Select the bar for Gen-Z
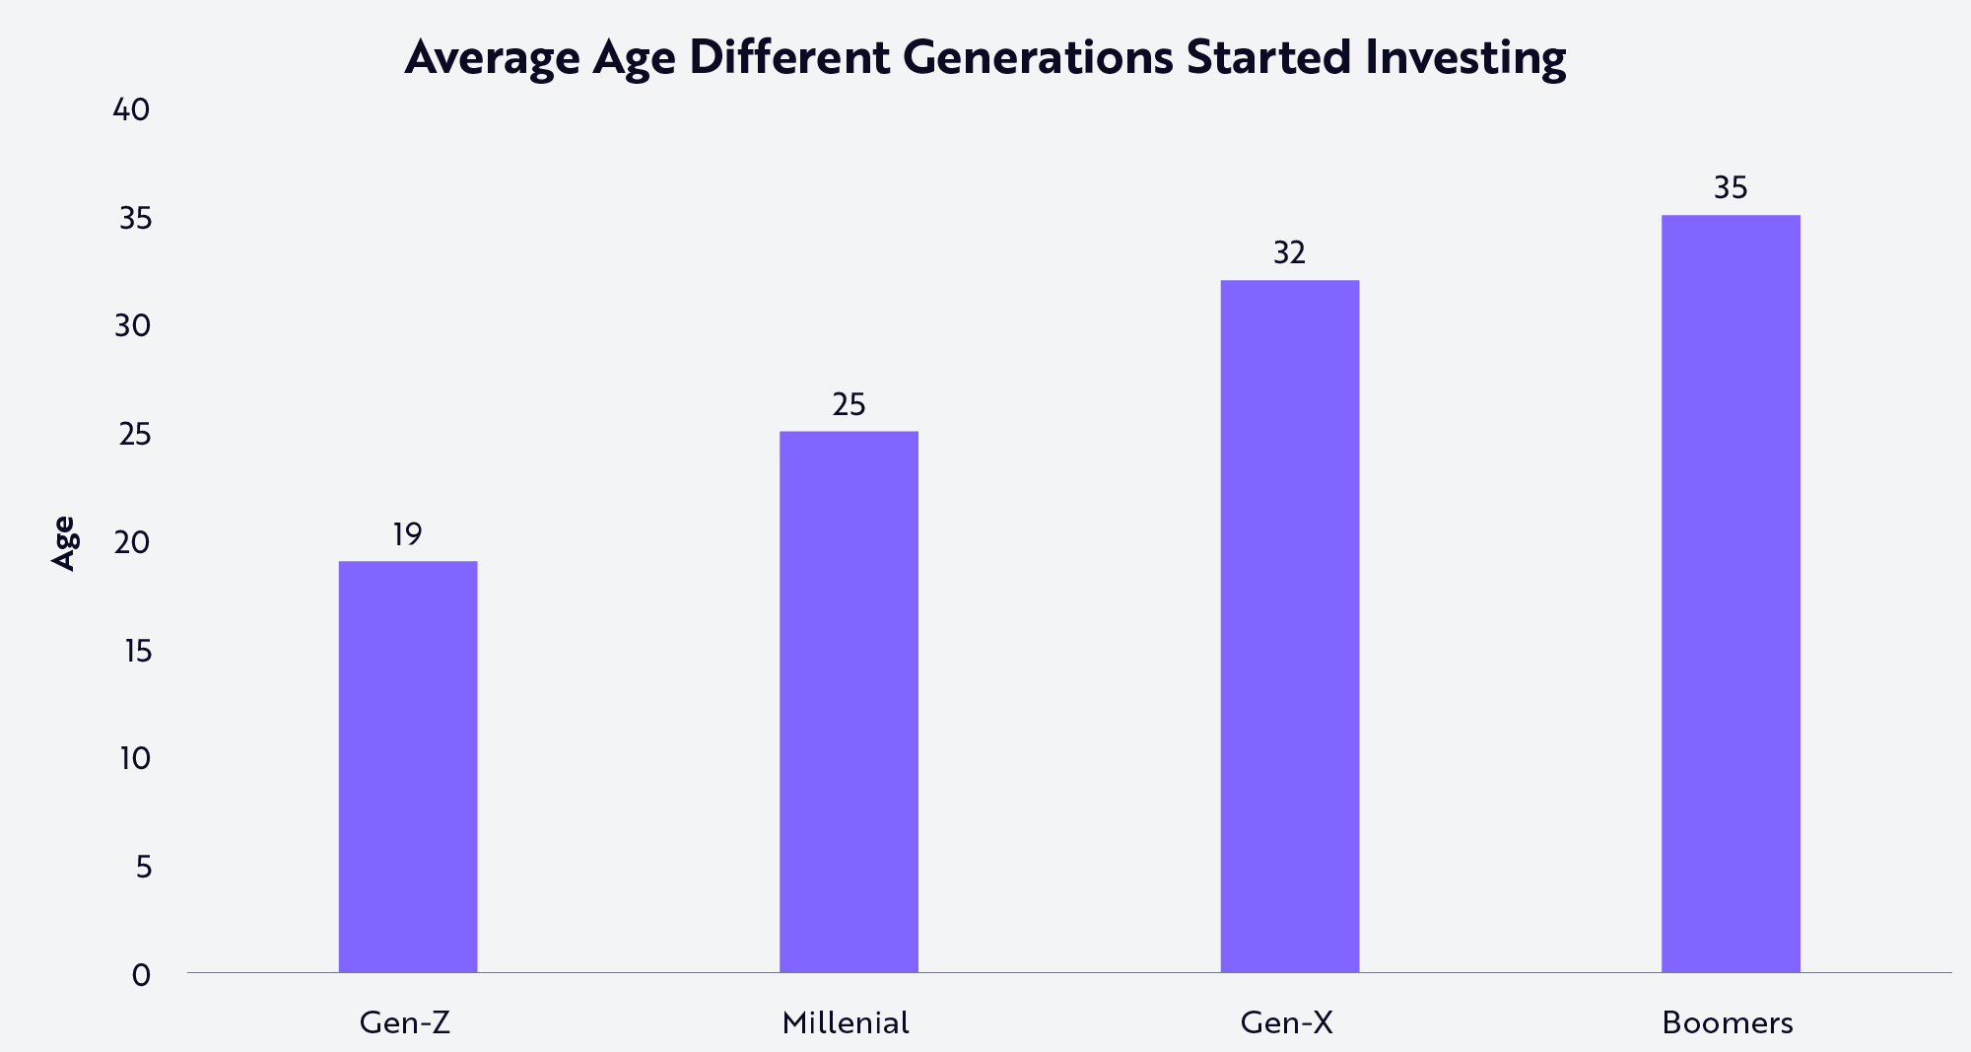[408, 766]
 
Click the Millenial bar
[849, 701]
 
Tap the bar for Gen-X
[1289, 626]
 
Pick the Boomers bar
[1731, 594]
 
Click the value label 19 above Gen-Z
[407, 535]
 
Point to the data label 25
[849, 405]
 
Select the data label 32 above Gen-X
[1289, 254]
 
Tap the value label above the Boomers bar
[1731, 188]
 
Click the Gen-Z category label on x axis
[405, 1022]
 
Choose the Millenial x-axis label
[846, 1022]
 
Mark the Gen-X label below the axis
[1286, 1022]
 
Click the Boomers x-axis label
[1728, 1022]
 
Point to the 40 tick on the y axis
[132, 110]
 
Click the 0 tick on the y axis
[142, 975]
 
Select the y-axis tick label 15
[134, 651]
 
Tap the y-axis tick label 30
[133, 326]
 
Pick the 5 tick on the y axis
[144, 868]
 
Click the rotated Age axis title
[64, 542]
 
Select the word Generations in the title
[1038, 57]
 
